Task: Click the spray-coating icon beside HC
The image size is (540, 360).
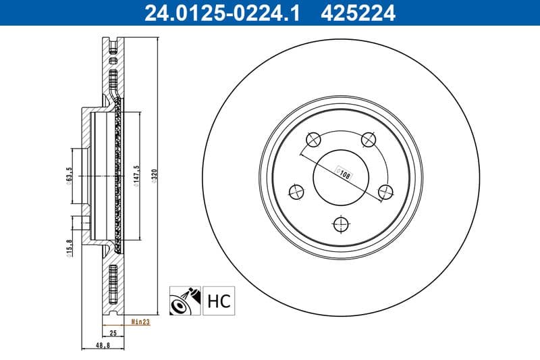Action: click(183, 300)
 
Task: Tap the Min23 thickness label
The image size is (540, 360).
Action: click(140, 323)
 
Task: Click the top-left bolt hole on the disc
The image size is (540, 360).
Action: click(314, 140)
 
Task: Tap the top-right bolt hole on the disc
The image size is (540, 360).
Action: click(369, 140)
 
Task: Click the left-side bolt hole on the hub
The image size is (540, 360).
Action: click(296, 192)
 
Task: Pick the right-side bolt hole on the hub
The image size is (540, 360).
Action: click(386, 192)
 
